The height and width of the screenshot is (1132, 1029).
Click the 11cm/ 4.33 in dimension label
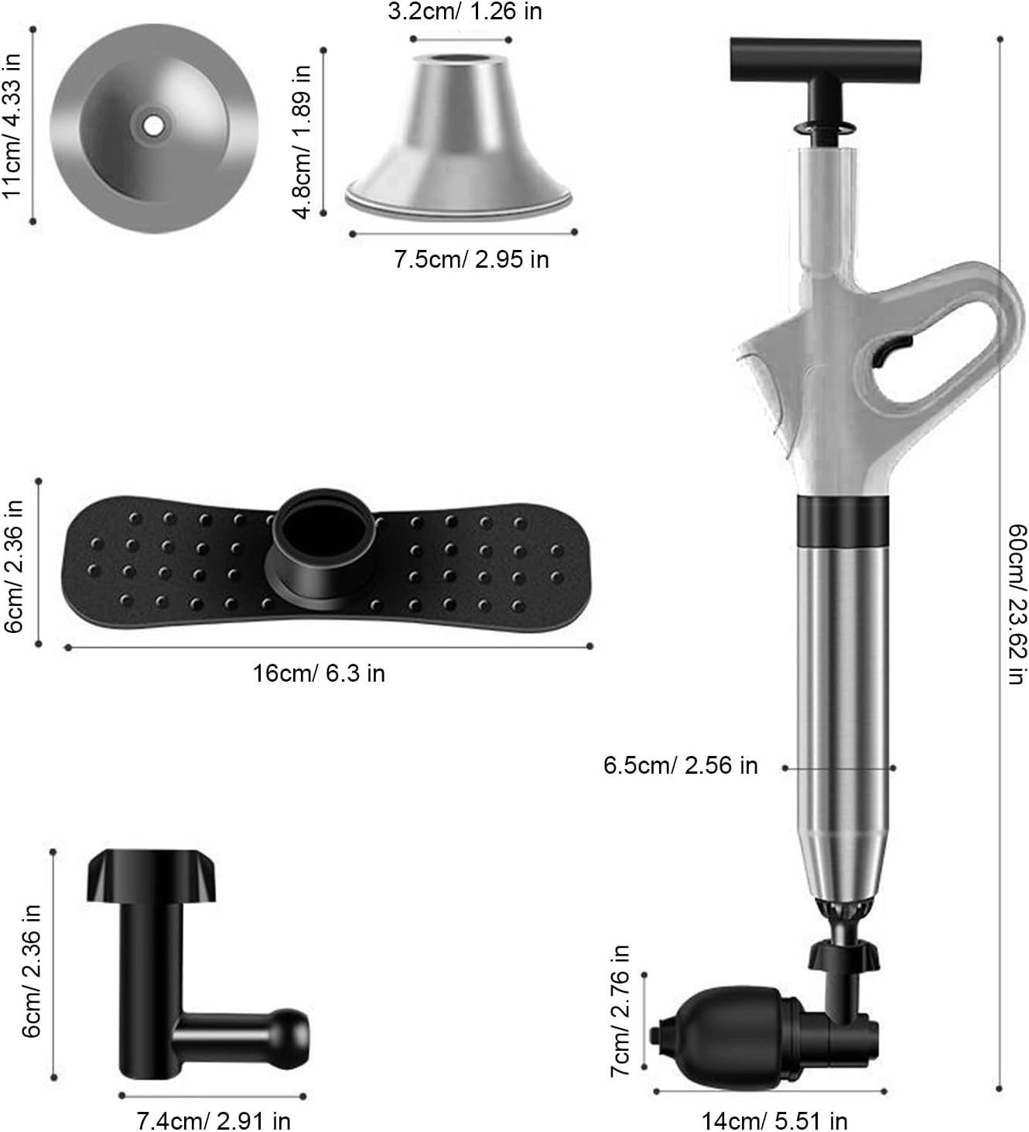pyautogui.click(x=12, y=125)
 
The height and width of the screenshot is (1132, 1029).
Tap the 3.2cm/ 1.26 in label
pyautogui.click(x=464, y=12)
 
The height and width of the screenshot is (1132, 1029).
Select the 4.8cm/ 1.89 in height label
pyautogui.click(x=302, y=141)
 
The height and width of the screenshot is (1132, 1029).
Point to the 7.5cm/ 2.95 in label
pyautogui.click(x=471, y=259)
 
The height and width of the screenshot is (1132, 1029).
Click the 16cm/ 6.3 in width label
pyautogui.click(x=318, y=673)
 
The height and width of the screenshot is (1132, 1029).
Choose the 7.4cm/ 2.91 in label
pyautogui.click(x=214, y=1120)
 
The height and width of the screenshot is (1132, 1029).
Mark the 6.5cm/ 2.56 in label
pyautogui.click(x=680, y=766)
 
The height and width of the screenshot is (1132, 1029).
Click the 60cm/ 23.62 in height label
pyautogui.click(x=1017, y=604)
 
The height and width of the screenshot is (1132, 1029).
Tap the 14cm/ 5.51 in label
pyautogui.click(x=774, y=1120)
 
